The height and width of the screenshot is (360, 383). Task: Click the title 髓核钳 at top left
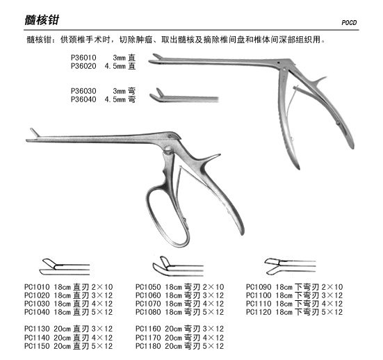[42, 19]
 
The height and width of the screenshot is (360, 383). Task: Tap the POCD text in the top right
[349, 23]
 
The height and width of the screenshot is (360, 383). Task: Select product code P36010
[83, 58]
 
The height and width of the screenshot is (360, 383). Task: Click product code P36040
[83, 99]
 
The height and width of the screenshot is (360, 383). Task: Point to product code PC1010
[37, 287]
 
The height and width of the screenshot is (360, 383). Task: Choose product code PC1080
[148, 312]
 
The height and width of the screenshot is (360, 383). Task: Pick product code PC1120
[259, 312]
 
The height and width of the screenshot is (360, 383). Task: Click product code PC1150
[37, 346]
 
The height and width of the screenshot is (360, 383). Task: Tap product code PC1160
[148, 329]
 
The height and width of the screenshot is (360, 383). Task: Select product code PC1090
[259, 287]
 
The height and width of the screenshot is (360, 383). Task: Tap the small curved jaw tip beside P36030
[157, 95]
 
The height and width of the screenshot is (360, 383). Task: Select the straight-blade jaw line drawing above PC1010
[65, 267]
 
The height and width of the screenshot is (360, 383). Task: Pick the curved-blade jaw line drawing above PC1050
[178, 266]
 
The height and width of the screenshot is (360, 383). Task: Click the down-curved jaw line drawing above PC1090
[290, 266]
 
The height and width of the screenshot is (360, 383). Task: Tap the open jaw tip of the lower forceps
[35, 135]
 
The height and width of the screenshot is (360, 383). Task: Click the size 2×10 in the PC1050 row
[213, 287]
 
